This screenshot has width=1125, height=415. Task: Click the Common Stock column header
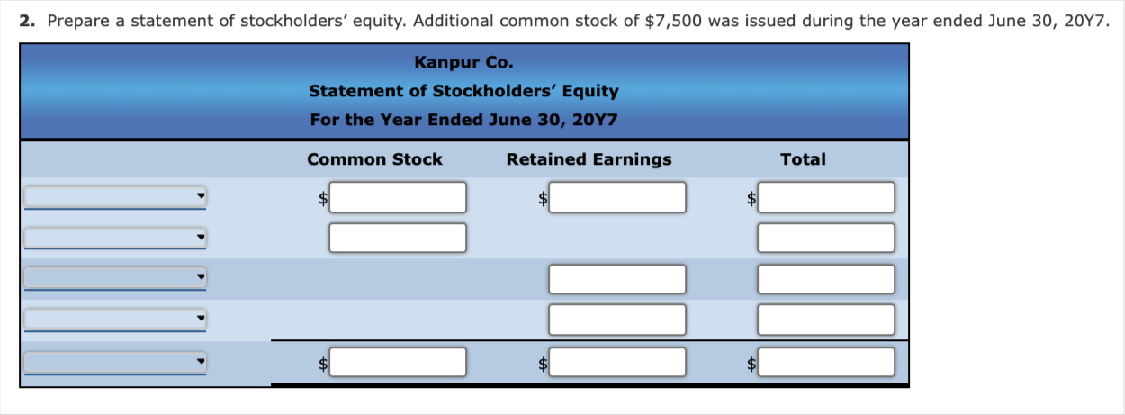(374, 159)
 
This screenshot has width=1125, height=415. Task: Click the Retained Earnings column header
(589, 159)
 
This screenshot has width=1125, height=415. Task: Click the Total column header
(803, 159)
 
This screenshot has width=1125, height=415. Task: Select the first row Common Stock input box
(398, 197)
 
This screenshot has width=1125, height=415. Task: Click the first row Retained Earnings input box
(617, 197)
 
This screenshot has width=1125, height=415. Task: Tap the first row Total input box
(826, 197)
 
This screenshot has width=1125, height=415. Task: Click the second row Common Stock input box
(398, 238)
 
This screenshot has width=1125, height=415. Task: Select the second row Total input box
(826, 238)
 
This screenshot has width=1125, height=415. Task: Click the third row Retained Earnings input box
(617, 279)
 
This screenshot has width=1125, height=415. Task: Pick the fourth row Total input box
(826, 320)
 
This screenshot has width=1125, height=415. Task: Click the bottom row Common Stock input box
(398, 362)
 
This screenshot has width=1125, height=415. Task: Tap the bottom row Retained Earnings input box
(617, 362)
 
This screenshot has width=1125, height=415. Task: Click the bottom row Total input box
(826, 362)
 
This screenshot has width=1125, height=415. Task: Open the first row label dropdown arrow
(201, 195)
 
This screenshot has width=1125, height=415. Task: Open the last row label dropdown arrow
(201, 361)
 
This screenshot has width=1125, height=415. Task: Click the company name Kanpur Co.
(464, 62)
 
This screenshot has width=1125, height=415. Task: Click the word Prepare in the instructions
(78, 22)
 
